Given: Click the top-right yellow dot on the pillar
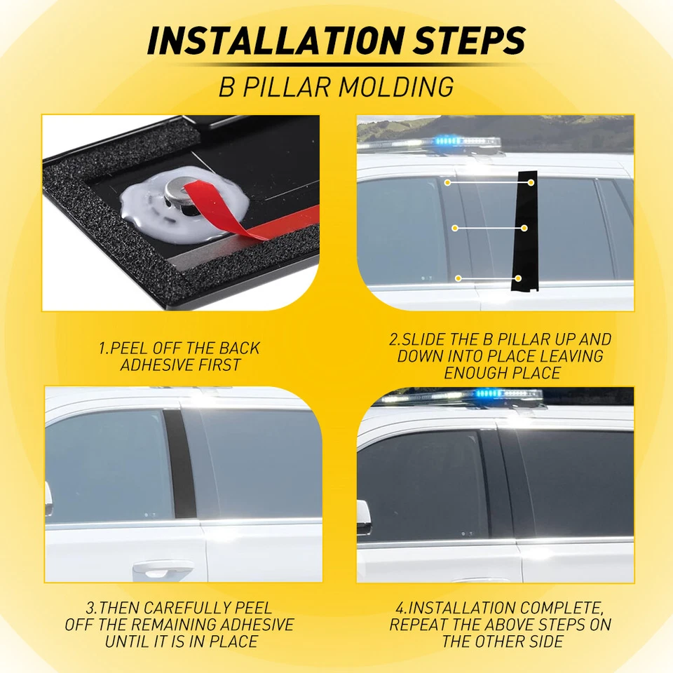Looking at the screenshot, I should (531, 182).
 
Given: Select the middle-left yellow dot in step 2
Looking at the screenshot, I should (455, 228).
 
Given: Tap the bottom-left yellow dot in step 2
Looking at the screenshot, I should (458, 278).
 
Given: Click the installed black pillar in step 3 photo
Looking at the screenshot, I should (178, 463).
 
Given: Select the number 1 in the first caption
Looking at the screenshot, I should (101, 348).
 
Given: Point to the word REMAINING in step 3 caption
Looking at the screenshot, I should (180, 625).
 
